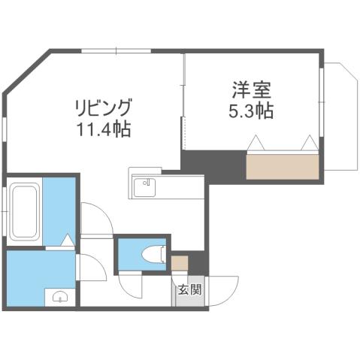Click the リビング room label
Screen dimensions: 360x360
105,107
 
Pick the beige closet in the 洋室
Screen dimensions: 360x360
283,166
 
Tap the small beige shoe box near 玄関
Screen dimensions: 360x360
179,264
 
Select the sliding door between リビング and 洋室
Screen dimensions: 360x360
183,105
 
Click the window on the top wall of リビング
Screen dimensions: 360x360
116,51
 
